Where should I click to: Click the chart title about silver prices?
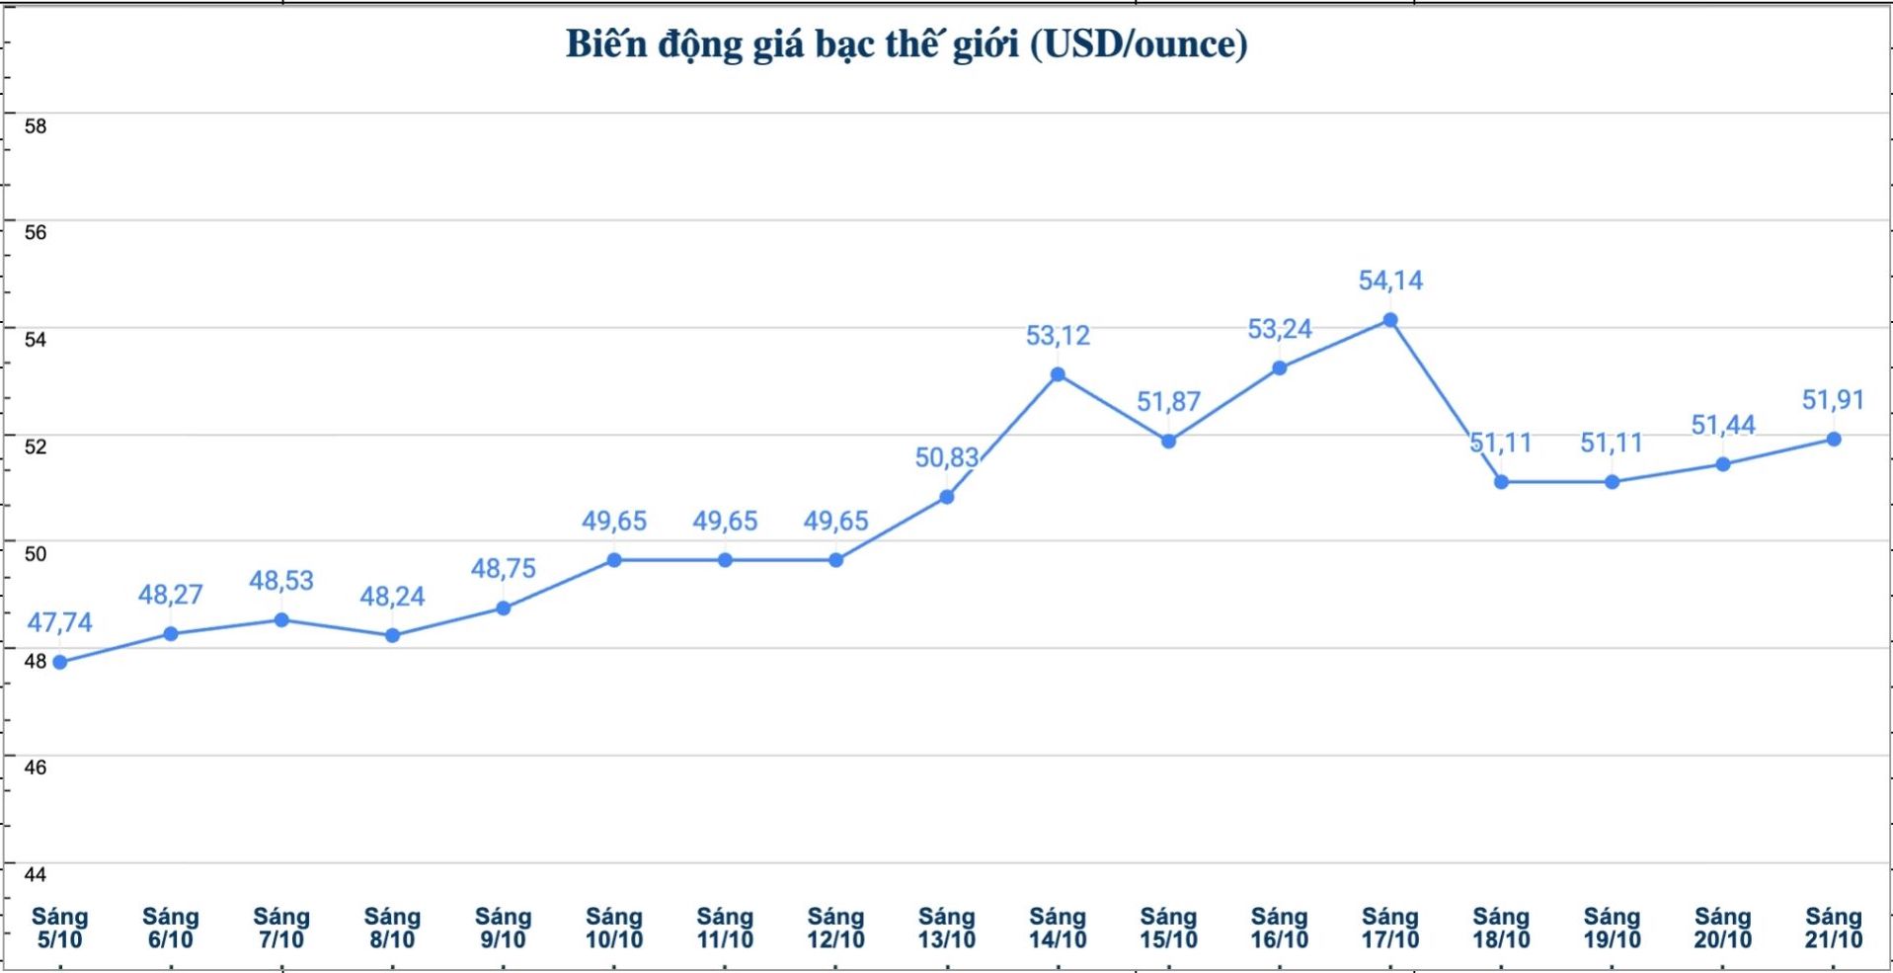tap(906, 44)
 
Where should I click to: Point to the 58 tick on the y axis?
tap(36, 126)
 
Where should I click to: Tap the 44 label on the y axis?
tap(36, 874)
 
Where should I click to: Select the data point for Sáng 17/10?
tap(1390, 320)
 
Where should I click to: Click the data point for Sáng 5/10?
tap(60, 662)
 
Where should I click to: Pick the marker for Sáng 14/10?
tap(1058, 374)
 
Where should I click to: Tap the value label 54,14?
tap(1390, 282)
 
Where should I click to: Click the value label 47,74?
tap(60, 623)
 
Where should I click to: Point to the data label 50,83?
tap(946, 458)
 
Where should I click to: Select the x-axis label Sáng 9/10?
tap(504, 929)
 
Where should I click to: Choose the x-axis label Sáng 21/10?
tap(1834, 929)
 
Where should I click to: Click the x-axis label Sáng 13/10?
tap(946, 929)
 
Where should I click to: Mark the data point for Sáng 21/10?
tap(1834, 440)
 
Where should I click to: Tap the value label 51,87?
tap(1168, 402)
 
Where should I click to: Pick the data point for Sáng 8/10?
tap(392, 635)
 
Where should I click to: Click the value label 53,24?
tap(1280, 330)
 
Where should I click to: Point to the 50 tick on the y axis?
tap(36, 554)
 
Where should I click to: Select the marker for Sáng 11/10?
tap(725, 560)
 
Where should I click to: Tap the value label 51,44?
tap(1723, 426)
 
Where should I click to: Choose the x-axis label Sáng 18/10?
tap(1501, 929)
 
